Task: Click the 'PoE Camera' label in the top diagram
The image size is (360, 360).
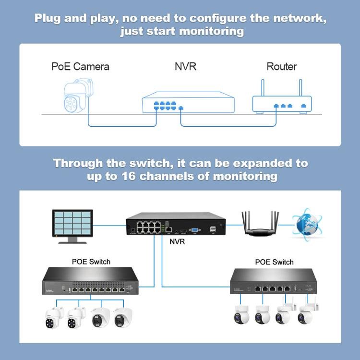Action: click(x=80, y=66)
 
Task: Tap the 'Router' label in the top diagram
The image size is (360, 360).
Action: click(x=281, y=66)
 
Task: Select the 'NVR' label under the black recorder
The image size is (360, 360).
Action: click(x=177, y=241)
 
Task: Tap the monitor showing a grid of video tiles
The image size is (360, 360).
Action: click(x=72, y=224)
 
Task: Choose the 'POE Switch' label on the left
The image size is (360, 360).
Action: click(x=91, y=262)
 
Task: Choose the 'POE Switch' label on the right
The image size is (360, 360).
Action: click(x=274, y=262)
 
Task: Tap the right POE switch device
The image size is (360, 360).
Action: click(x=274, y=283)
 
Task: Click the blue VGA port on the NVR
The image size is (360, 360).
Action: click(x=195, y=230)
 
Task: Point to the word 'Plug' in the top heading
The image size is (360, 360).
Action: click(x=50, y=19)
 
